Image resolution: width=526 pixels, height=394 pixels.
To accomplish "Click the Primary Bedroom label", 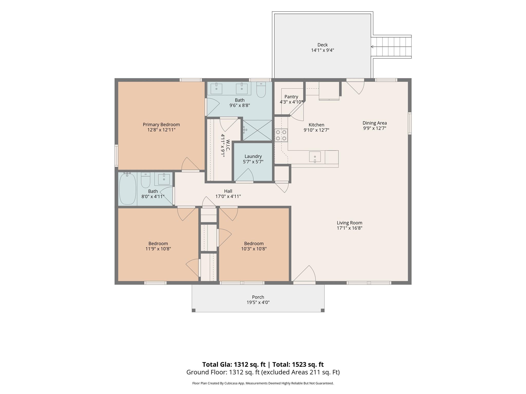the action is [x=161, y=125].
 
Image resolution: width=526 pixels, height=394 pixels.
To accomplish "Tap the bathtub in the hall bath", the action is [x=128, y=189].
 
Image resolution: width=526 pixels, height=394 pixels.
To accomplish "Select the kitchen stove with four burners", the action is [x=281, y=135].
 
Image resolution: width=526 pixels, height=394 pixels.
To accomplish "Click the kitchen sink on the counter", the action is [x=315, y=157].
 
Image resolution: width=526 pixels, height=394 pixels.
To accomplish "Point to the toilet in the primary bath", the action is [x=261, y=90].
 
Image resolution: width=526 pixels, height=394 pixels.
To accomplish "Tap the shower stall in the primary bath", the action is [x=257, y=130].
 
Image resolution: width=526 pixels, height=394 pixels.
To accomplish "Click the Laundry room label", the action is [x=253, y=156].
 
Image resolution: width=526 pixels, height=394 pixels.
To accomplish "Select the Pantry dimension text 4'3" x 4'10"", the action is [x=292, y=102].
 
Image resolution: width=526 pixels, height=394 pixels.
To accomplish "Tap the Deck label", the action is [x=323, y=45].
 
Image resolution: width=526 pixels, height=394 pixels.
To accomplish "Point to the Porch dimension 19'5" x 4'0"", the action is [x=258, y=302].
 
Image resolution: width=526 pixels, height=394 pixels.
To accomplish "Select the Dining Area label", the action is [x=375, y=123].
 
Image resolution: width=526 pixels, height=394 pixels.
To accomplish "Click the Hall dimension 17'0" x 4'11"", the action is [x=228, y=196].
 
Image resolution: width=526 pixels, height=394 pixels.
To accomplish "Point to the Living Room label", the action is [x=350, y=223].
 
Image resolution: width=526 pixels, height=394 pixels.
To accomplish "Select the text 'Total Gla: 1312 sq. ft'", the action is [x=234, y=365].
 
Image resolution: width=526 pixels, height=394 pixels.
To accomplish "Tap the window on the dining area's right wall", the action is [x=410, y=123].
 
